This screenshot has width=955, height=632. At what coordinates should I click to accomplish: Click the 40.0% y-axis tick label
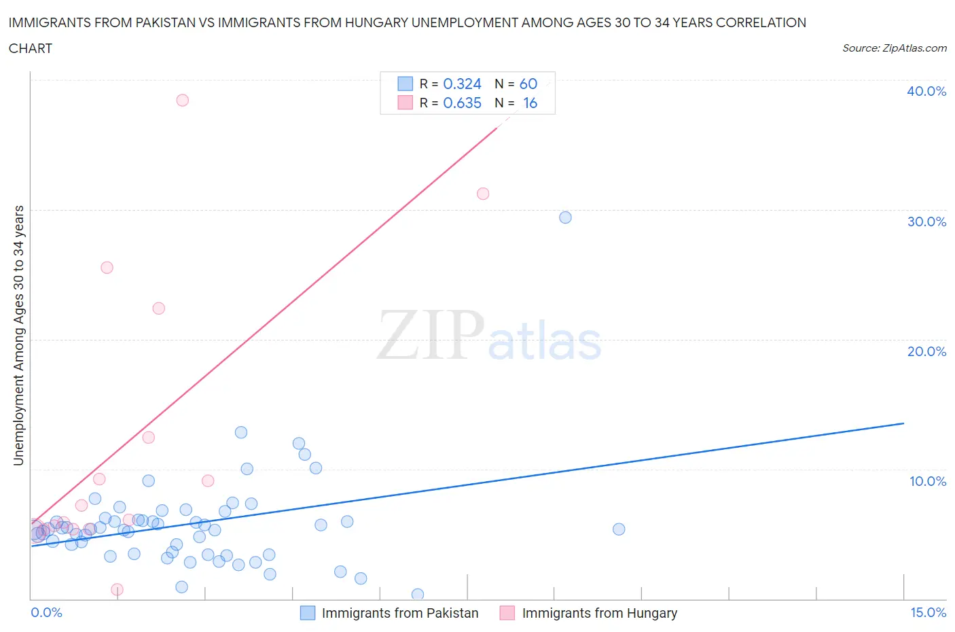click(926, 91)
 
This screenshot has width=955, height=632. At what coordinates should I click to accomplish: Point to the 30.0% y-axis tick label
click(926, 222)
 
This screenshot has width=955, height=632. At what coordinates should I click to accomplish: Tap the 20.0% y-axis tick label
click(926, 351)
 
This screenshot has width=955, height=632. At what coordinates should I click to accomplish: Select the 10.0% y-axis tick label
click(927, 481)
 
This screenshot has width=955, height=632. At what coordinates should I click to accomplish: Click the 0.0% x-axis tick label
click(46, 612)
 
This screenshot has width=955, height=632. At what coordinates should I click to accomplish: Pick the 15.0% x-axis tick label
click(928, 612)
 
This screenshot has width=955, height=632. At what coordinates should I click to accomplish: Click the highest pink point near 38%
click(182, 100)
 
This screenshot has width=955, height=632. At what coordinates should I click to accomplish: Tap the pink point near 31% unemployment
click(483, 194)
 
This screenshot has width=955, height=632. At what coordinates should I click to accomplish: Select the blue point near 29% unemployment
click(565, 217)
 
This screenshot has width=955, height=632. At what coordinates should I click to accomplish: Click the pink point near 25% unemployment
click(107, 268)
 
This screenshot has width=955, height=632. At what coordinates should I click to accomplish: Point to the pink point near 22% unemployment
click(158, 309)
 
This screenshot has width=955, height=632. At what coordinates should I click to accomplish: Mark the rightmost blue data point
click(619, 529)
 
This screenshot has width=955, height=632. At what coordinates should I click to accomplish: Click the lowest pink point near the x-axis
click(117, 590)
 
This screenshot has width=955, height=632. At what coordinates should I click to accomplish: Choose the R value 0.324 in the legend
click(462, 84)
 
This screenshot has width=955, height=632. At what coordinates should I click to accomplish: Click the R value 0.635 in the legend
click(462, 103)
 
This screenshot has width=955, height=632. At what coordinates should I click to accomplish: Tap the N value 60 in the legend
click(528, 84)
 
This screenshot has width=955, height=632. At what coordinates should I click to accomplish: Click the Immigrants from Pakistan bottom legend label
click(399, 613)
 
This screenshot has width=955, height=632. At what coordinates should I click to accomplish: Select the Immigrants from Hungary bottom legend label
click(599, 613)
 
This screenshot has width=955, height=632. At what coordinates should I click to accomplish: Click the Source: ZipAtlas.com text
click(894, 48)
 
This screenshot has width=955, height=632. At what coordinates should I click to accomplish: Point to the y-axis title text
click(19, 335)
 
